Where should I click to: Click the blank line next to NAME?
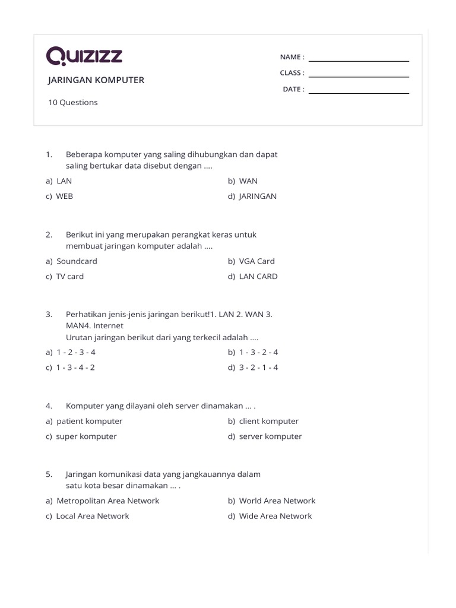[359, 60]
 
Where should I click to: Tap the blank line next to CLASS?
[359, 76]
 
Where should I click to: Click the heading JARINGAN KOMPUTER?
[96, 80]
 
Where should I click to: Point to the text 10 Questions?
[73, 102]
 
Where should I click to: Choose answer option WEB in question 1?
[64, 196]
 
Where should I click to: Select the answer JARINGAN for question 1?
[258, 196]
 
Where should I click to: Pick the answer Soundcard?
[77, 261]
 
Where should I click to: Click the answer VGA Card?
[256, 261]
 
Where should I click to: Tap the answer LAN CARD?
[258, 276]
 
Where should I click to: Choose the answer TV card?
[69, 276]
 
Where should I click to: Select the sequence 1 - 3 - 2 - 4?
[258, 351]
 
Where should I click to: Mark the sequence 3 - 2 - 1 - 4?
[258, 367]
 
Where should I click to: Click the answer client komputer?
[268, 421]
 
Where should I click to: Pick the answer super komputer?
[86, 436]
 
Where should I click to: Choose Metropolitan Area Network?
[107, 501]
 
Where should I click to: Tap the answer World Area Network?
[277, 501]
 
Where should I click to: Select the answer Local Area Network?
[92, 516]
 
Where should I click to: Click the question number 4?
[49, 406]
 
